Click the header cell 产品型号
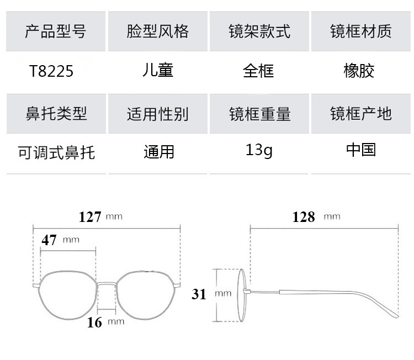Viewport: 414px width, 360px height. tap(55, 31)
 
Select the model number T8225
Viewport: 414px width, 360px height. tap(52, 72)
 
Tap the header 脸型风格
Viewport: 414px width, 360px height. tap(157, 31)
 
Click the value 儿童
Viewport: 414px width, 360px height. tap(157, 71)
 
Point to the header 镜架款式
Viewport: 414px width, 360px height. tap(259, 31)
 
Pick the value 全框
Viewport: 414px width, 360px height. tap(258, 71)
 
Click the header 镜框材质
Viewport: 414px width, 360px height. tap(361, 31)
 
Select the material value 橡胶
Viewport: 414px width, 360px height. tap(359, 71)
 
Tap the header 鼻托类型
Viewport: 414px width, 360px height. tap(55, 113)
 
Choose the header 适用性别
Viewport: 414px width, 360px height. tap(157, 114)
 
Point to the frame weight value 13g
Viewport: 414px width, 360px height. tap(259, 150)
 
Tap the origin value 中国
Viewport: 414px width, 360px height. tap(361, 150)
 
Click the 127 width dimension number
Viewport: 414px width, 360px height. tap(90, 216)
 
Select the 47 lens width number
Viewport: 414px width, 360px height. tap(49, 240)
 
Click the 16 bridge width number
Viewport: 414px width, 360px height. tap(94, 322)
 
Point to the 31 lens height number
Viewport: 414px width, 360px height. tap(199, 294)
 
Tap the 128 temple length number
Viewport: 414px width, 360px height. tap(304, 216)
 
